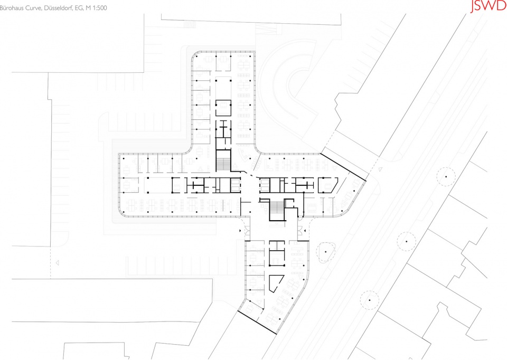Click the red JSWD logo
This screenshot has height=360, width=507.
(x=488, y=6)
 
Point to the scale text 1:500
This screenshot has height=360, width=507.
(x=100, y=8)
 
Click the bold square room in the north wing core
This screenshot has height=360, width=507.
(x=223, y=108)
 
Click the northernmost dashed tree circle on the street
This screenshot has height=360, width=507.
(x=446, y=176)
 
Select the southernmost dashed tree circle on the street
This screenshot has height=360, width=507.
(x=370, y=300)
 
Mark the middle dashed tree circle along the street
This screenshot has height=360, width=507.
(x=407, y=241)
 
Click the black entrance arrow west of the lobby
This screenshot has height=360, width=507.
(x=240, y=231)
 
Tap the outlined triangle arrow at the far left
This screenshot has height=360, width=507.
(x=57, y=263)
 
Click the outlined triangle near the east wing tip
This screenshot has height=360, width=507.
(x=380, y=169)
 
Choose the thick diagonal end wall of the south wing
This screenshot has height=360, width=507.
(x=257, y=323)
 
